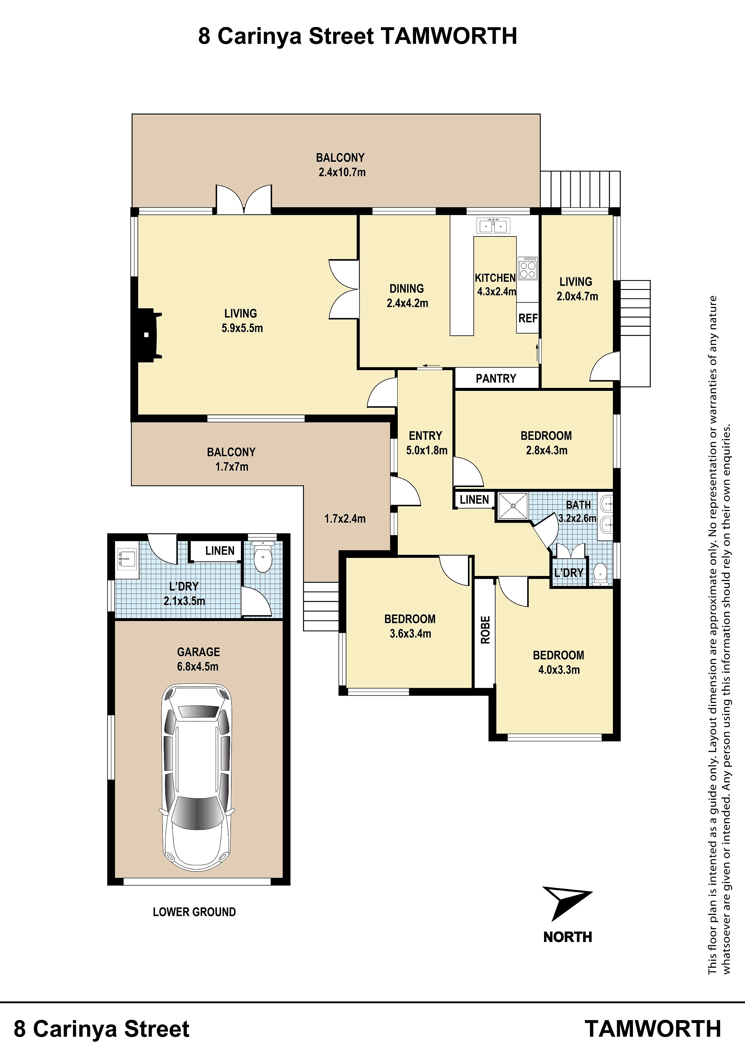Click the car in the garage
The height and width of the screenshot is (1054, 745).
196,778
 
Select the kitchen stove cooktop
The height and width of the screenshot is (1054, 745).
528,268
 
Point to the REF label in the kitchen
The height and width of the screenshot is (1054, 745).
528,318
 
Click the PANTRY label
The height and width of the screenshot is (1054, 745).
496,379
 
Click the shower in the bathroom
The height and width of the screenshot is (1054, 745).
513,505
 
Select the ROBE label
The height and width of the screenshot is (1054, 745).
485,630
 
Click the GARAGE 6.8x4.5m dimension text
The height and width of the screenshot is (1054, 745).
198,659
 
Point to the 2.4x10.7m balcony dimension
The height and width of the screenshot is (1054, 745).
342,172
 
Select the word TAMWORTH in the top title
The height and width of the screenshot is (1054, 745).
449,36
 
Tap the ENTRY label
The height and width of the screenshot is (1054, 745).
425,436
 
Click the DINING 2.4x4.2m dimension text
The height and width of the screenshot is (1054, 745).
407,296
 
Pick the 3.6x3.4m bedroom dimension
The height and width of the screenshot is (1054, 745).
410,634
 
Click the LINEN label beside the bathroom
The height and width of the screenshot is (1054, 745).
474,499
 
